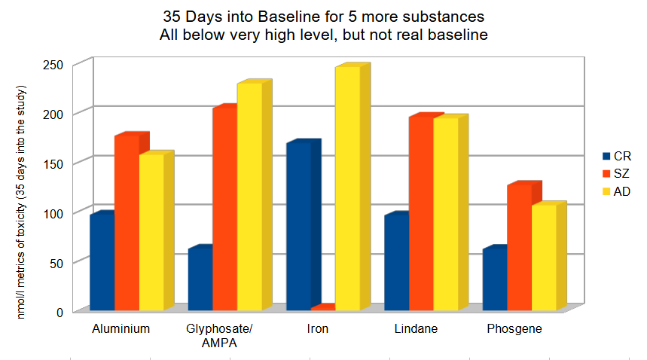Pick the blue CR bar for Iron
point(298,226)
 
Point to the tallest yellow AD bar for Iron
point(347,188)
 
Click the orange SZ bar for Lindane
point(421,214)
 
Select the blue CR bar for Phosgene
point(494,279)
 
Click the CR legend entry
point(617,156)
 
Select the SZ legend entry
point(617,174)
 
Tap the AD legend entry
point(617,191)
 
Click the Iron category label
point(318,329)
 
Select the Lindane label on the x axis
point(416,329)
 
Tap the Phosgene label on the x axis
point(514,329)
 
